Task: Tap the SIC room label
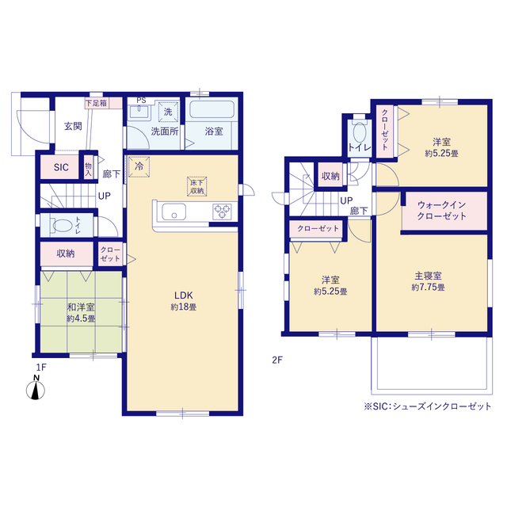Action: point(61,167)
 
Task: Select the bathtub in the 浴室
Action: point(212,109)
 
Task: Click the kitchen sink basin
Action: point(174,212)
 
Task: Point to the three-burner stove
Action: point(222,212)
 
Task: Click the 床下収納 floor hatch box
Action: point(197,187)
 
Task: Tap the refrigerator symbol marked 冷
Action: point(139,167)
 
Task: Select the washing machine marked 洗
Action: point(168,112)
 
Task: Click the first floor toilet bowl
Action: point(62,225)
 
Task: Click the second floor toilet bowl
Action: point(360,132)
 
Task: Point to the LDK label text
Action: point(183,295)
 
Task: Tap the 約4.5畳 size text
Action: point(81,318)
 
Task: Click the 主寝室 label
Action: point(428,276)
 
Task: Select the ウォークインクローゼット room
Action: point(444,211)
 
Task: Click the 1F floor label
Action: point(41,368)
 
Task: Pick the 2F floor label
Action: point(277,360)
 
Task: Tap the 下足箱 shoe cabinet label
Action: point(96,103)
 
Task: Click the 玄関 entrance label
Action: point(73,126)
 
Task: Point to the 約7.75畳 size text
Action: point(428,287)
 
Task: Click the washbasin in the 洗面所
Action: point(139,112)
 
